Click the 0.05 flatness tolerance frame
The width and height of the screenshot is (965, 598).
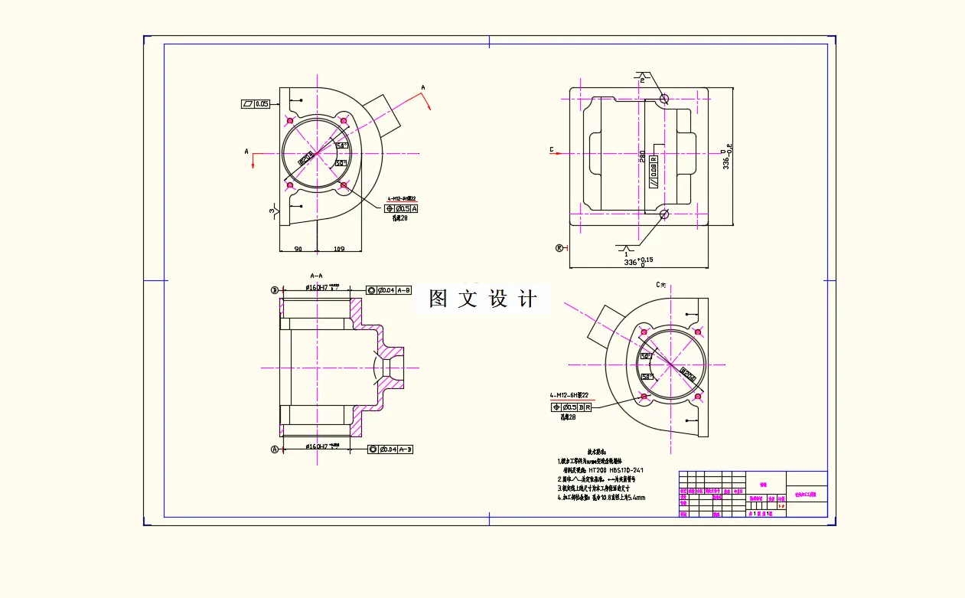coord(256,104)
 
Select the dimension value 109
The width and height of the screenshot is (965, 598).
coord(340,248)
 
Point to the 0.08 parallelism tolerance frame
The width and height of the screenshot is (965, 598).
coord(654,171)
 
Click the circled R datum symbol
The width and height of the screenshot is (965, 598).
coord(559,247)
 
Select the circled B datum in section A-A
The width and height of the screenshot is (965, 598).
coord(275,290)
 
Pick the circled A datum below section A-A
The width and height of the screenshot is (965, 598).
coord(275,449)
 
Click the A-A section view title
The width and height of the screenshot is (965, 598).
coord(316,276)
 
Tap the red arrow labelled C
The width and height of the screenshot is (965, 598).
coord(557,150)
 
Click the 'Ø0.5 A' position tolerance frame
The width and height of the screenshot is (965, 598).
coord(402,208)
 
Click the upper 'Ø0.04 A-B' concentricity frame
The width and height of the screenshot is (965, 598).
coord(390,290)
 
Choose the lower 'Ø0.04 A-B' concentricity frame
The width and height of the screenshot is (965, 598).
coord(390,449)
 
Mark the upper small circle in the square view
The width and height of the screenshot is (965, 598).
coord(663,99)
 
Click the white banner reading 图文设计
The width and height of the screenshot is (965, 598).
coord(482,299)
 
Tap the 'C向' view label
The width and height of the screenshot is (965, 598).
coord(661,285)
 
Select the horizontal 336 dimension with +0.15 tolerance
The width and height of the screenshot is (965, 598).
coord(637,262)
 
